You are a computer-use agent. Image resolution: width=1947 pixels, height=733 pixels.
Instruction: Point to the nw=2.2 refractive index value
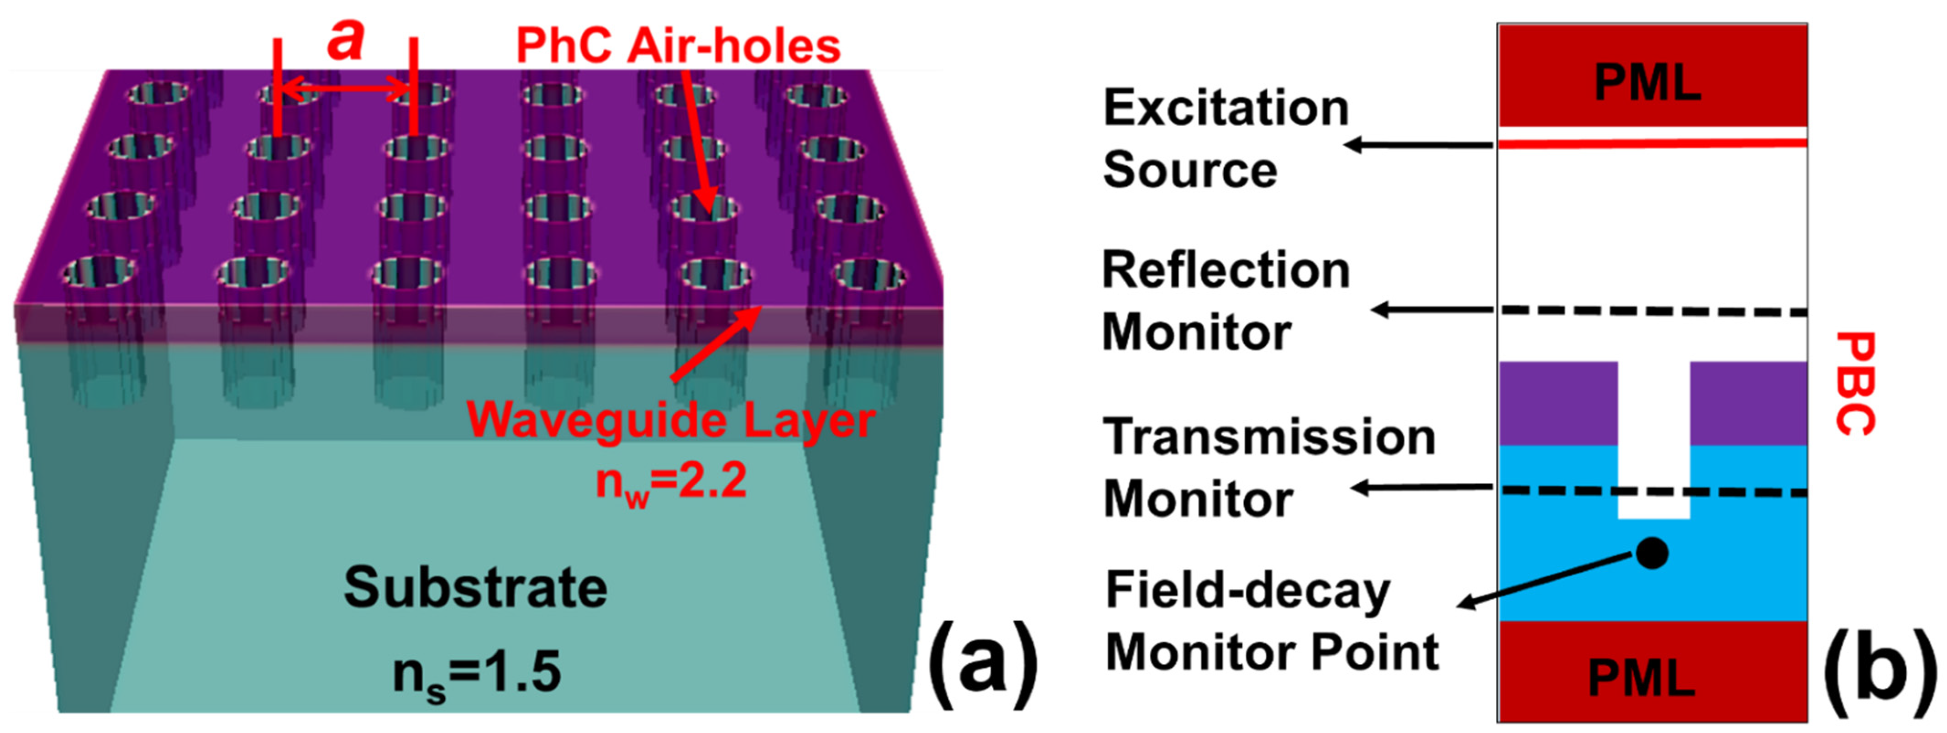point(671,481)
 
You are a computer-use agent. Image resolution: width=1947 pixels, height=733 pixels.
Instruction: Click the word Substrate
point(475,588)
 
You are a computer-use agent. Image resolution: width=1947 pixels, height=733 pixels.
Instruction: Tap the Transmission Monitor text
point(1268,468)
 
